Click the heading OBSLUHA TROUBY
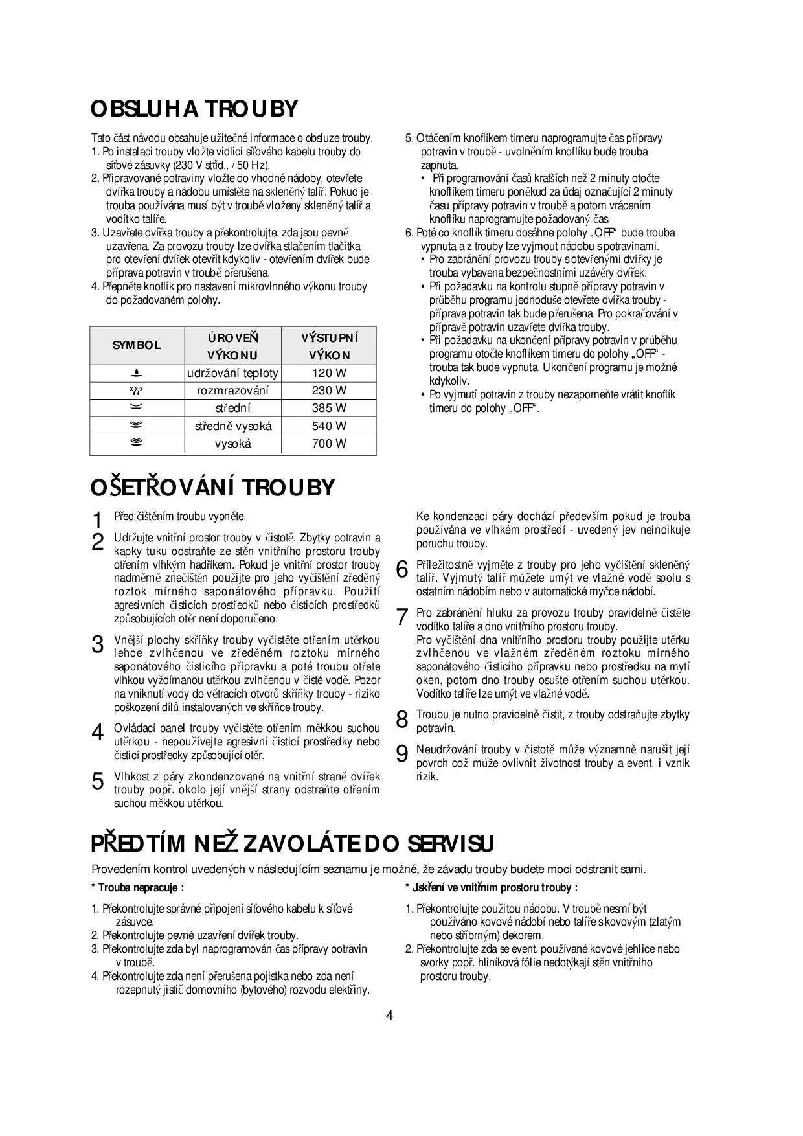coord(194,109)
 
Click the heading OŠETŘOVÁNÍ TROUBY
coord(213,487)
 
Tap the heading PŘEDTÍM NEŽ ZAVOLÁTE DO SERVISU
coord(292,844)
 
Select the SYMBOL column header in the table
coord(137,345)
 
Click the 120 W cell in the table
coord(329,373)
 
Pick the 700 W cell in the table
coord(329,444)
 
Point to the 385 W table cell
coord(329,408)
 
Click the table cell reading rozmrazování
coord(232,391)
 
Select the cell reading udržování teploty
coord(232,373)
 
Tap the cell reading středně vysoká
coord(233,426)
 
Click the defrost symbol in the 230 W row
coord(137,391)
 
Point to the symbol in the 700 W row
coord(137,444)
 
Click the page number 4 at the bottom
coord(389,1015)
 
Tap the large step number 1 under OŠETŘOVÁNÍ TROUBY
coord(98,520)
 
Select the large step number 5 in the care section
coord(98,781)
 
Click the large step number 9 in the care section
coord(401,754)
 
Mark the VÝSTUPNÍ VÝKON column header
coord(329,346)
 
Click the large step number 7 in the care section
coord(401,617)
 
